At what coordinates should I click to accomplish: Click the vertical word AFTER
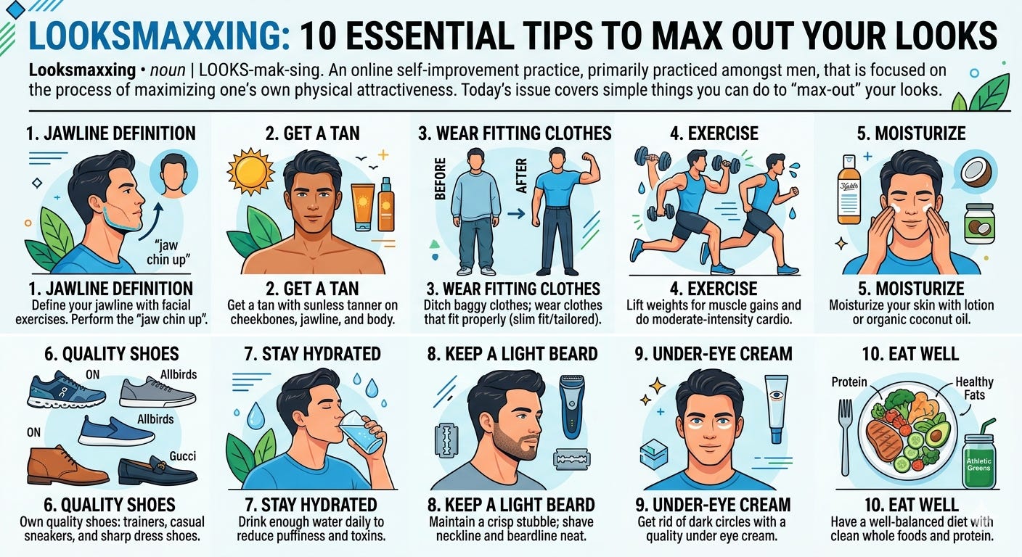click(x=520, y=176)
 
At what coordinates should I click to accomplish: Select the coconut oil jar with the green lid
click(x=979, y=224)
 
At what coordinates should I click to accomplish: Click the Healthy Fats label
click(x=974, y=389)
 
